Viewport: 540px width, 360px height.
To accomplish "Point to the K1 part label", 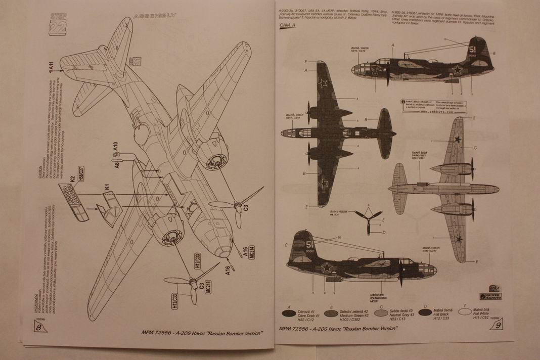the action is (x=106, y=188).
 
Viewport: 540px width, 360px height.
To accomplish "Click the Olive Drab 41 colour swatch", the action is (x=290, y=312).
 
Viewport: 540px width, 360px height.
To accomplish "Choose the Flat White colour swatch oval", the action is (x=468, y=312).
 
